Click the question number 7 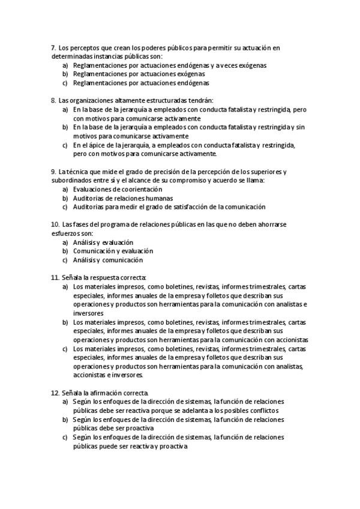point(53,47)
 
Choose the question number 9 point(53,172)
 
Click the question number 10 point(55,224)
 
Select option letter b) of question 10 point(65,250)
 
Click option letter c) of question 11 point(65,348)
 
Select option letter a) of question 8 point(65,110)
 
